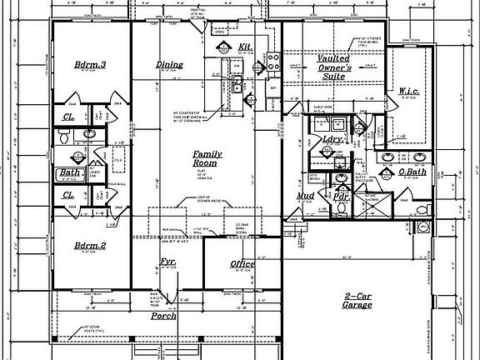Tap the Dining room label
click(170, 65)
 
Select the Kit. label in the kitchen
click(245, 47)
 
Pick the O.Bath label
click(412, 172)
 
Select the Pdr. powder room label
click(340, 199)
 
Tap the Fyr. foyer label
click(167, 263)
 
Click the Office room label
click(242, 264)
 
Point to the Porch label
click(163, 317)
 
